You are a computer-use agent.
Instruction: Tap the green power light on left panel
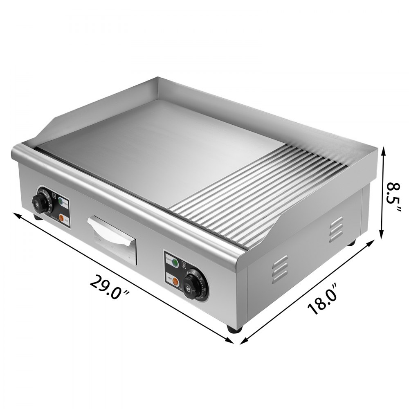click(x=61, y=201)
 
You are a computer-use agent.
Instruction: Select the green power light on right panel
click(x=175, y=262)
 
